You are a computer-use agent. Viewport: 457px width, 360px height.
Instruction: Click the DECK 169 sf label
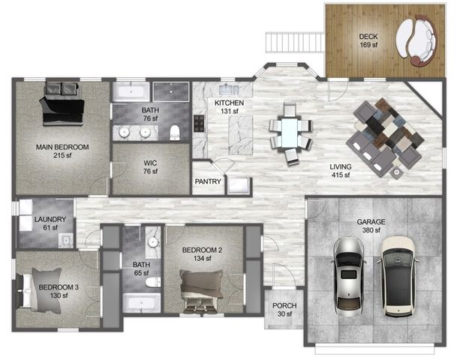pyautogui.click(x=367, y=40)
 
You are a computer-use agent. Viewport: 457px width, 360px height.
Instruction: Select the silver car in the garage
pyautogui.click(x=349, y=274)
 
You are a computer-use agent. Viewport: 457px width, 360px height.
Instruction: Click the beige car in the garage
pyautogui.click(x=396, y=274)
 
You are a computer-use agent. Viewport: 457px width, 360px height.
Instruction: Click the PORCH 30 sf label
pyautogui.click(x=284, y=310)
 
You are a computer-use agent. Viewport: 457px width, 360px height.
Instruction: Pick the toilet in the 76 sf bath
pyautogui.click(x=175, y=132)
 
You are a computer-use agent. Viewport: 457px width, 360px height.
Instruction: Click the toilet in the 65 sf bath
pyautogui.click(x=153, y=282)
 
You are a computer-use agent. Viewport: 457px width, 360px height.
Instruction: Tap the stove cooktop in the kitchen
pyautogui.click(x=200, y=124)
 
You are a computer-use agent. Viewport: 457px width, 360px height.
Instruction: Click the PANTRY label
pyautogui.click(x=207, y=181)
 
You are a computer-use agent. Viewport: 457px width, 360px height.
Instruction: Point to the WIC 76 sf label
pyautogui.click(x=150, y=166)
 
